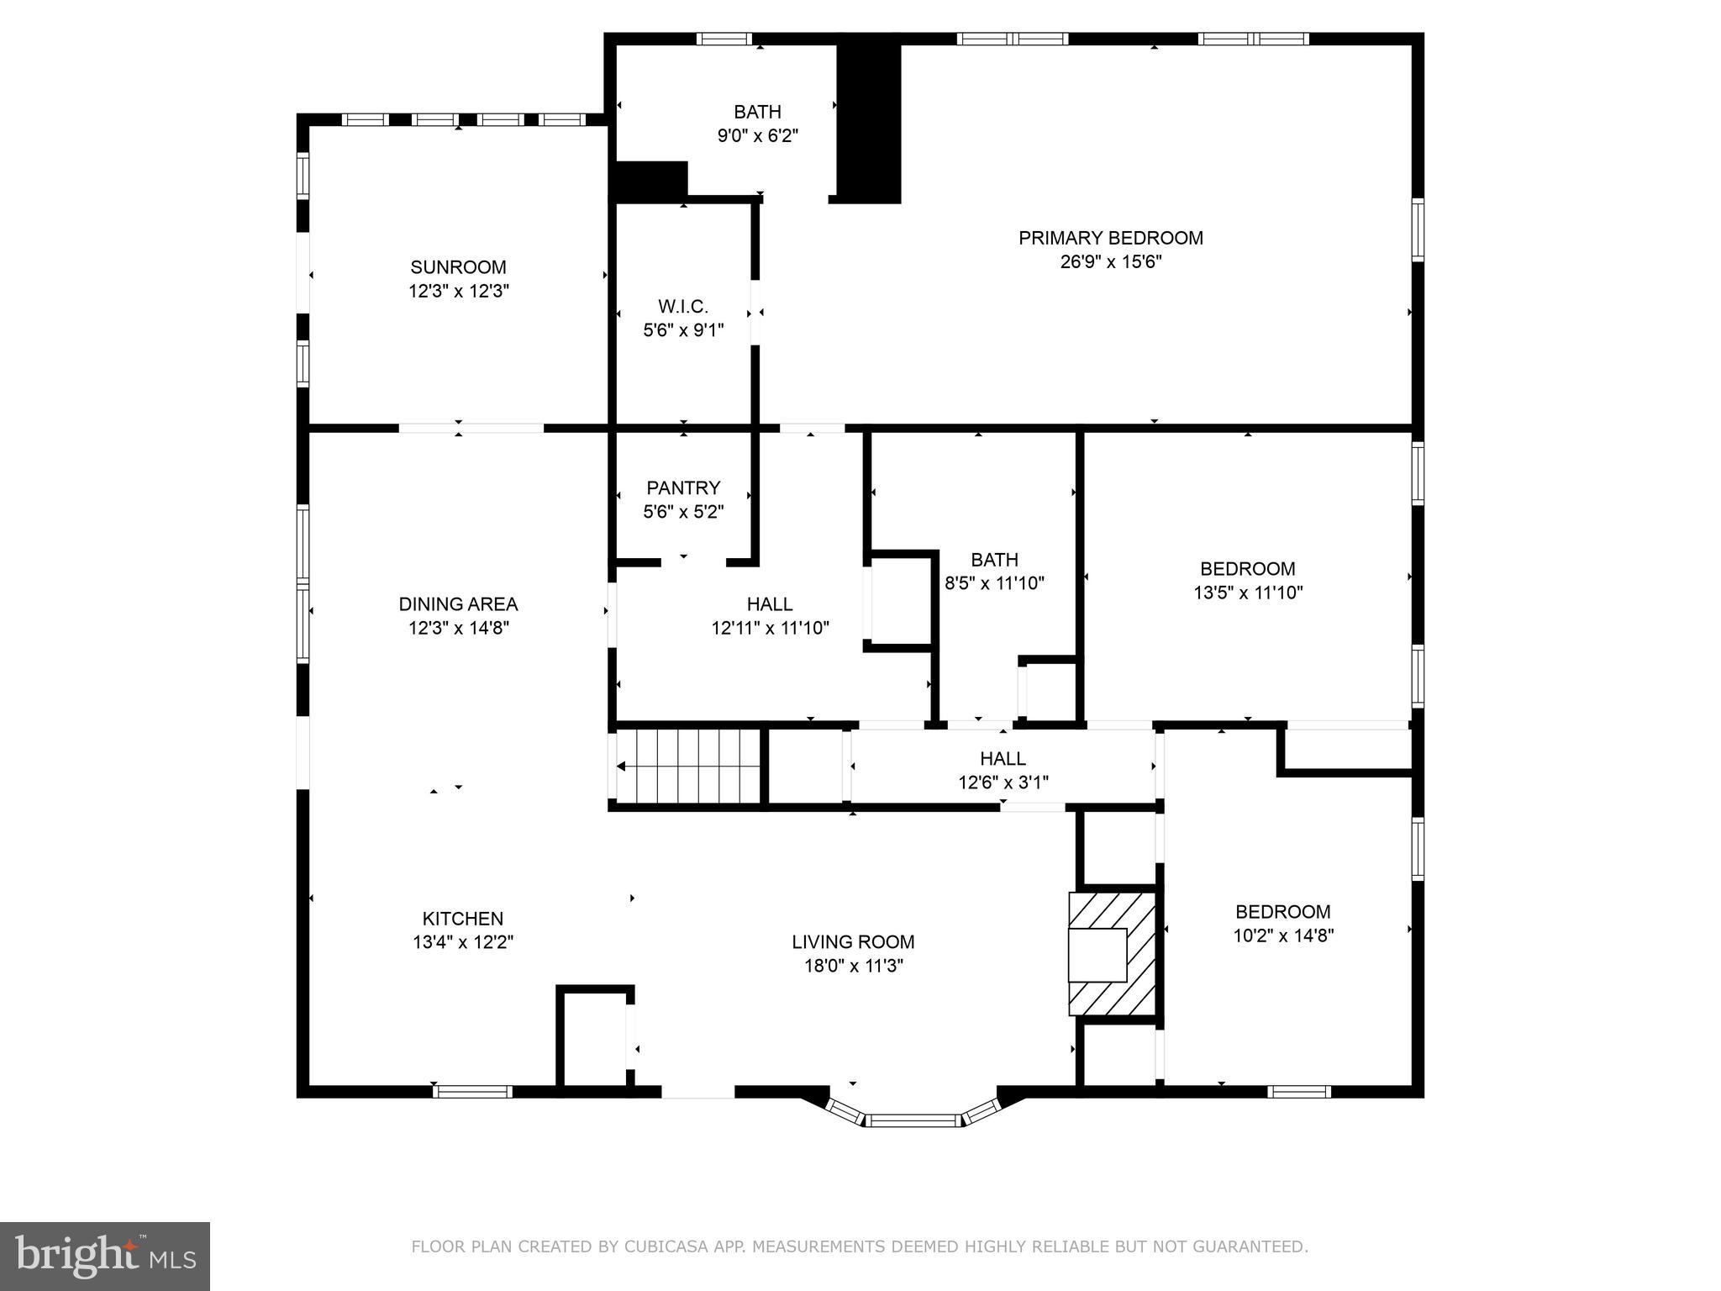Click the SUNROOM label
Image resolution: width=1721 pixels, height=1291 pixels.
[458, 267]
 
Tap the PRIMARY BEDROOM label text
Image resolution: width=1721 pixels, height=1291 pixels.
[1110, 238]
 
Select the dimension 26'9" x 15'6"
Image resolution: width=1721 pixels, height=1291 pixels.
[1110, 261]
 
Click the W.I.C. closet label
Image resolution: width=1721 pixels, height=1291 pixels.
[682, 307]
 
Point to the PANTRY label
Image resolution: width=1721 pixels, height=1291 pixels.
[683, 487]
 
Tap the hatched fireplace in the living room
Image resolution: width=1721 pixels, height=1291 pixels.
[1109, 954]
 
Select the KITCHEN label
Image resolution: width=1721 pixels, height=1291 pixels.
[462, 919]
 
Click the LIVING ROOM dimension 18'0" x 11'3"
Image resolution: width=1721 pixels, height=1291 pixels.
[853, 966]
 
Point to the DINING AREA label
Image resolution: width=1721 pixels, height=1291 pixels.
[458, 603]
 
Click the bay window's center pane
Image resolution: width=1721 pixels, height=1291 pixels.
[913, 1120]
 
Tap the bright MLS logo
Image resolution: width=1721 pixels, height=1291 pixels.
[104, 1255]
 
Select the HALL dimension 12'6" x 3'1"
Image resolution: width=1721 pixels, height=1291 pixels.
[1003, 783]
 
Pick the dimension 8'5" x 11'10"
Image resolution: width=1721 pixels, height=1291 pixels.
[994, 583]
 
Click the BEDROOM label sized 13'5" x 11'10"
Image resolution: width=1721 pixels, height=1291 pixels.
[1247, 569]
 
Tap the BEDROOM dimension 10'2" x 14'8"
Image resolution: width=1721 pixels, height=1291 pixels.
[1282, 935]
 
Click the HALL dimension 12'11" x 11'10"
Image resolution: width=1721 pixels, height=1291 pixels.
[770, 627]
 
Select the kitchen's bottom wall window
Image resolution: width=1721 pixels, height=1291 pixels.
[472, 1092]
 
